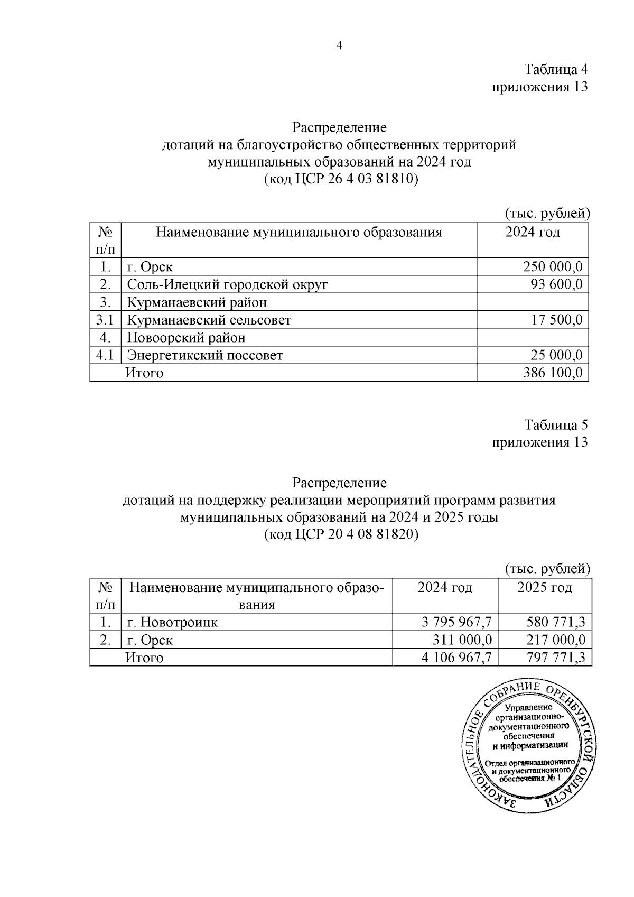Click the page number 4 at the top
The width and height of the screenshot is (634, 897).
[340, 46]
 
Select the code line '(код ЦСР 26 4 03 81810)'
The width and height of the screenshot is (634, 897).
[341, 179]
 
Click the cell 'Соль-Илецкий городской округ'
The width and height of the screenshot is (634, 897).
[228, 285]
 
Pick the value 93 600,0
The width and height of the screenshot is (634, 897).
[556, 285]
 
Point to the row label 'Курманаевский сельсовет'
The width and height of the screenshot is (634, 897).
[209, 320]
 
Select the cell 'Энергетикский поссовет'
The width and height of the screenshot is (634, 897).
[205, 355]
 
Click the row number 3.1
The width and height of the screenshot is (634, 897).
[105, 320]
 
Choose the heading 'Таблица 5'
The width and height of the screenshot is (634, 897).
[555, 425]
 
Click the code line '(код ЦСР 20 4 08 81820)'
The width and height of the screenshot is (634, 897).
[341, 534]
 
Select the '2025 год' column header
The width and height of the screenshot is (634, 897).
[545, 588]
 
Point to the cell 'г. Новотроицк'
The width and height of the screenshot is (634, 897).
[173, 622]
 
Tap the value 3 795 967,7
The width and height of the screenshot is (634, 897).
[456, 622]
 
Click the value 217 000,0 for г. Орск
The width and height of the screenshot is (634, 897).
[555, 640]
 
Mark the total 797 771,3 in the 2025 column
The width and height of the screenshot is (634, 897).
[555, 658]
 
